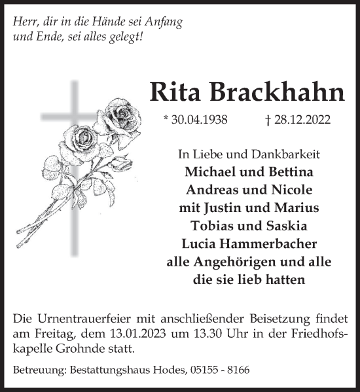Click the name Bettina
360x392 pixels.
[x=283, y=173]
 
